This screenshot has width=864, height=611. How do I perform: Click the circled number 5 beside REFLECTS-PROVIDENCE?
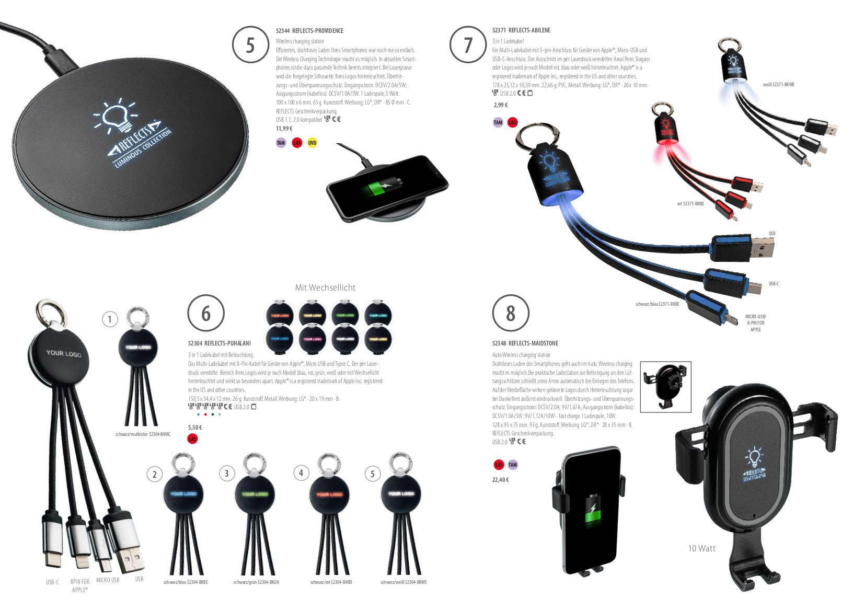250,45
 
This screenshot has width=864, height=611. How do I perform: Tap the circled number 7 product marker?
468,45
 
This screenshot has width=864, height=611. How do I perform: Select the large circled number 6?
206,314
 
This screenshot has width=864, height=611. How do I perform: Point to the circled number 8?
511,314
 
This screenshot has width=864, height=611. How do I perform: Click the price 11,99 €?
284,129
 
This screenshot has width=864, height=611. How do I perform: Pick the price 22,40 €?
500,480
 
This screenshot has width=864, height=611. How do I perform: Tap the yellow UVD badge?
312,143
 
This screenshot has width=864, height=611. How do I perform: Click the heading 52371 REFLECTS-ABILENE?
521,30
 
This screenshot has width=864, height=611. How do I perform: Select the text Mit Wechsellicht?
325,287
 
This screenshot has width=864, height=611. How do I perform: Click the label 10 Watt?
701,548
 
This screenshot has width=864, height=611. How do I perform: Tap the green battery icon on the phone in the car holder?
592,510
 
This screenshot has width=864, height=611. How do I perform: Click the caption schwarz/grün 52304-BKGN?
256,582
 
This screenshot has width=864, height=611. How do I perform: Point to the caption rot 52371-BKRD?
690,204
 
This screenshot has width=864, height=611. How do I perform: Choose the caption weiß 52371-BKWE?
778,85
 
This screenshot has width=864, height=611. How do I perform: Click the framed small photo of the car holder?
665,386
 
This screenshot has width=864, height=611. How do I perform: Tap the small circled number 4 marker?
301,473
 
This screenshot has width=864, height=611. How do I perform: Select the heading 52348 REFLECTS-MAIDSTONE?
525,343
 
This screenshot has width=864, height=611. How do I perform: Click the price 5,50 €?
195,428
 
